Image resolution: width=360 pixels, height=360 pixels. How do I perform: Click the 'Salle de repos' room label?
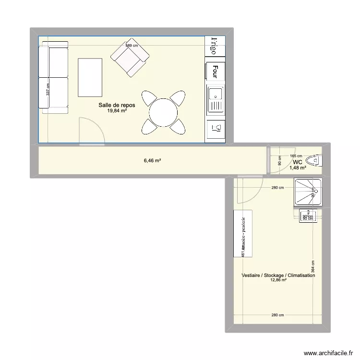[117, 105]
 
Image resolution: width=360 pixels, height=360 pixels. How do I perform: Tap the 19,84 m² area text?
[117, 111]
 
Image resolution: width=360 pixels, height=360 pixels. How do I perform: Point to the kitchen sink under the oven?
[216, 99]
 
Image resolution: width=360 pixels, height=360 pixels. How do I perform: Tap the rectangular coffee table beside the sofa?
[91, 77]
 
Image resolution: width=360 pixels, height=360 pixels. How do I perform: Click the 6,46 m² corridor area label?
[152, 161]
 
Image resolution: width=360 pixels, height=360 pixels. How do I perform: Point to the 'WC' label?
[298, 162]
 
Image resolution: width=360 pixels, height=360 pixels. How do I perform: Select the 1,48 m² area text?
[299, 168]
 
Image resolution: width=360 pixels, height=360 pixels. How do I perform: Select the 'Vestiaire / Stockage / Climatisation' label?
[278, 276]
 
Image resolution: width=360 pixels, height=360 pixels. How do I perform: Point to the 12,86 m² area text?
[278, 280]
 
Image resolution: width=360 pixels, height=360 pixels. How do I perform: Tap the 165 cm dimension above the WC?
[296, 156]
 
